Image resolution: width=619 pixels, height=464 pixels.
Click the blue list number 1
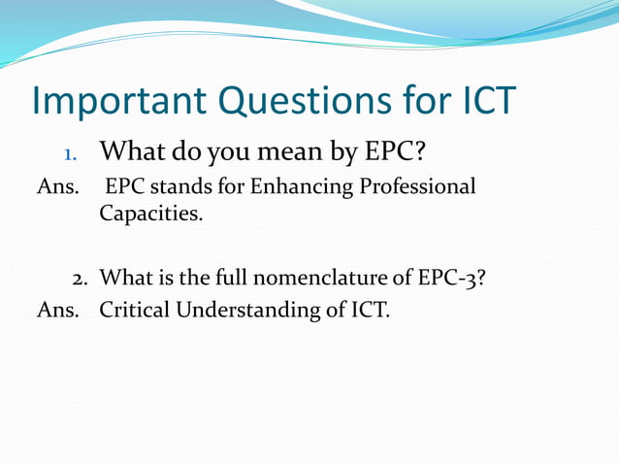pos(69,153)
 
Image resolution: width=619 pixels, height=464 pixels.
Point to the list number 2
pos(81,278)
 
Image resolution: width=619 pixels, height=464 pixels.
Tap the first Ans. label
pos(56,186)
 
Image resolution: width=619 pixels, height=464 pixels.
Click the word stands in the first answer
pos(170,186)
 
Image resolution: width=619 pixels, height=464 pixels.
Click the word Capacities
pos(150,214)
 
